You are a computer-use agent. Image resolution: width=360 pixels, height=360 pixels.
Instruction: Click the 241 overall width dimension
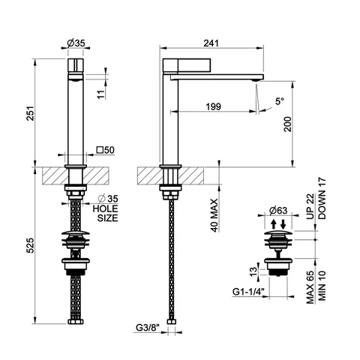[x=211, y=43]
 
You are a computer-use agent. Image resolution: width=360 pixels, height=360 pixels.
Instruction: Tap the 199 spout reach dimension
[x=214, y=106]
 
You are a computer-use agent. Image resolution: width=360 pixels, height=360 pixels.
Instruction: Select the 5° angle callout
[x=280, y=101]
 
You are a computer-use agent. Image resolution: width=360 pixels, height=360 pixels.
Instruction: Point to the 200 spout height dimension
[x=288, y=124]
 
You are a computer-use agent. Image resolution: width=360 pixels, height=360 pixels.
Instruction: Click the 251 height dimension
[x=30, y=113]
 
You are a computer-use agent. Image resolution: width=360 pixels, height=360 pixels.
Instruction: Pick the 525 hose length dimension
[x=30, y=245]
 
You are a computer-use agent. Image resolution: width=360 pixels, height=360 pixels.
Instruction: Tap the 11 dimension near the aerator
[x=101, y=94]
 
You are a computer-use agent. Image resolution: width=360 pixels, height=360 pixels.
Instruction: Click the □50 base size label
[x=106, y=150]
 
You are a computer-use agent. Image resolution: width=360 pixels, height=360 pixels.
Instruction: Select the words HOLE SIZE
[x=105, y=213]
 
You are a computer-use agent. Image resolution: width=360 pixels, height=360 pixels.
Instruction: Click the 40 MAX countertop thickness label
[x=214, y=215]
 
